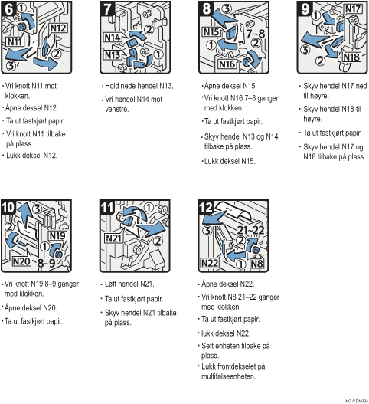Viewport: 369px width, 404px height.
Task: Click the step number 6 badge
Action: point(8,9)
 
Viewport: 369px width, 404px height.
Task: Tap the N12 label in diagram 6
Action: point(58,28)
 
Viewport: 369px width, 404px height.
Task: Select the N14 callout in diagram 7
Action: point(113,38)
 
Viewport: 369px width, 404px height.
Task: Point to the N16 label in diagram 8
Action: point(227,64)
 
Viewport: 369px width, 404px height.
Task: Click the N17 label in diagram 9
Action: point(353,9)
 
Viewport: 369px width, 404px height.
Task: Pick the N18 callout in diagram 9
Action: point(351,57)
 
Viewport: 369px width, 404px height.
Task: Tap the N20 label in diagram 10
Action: point(21,261)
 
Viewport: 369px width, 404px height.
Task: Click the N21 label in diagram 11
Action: point(113,238)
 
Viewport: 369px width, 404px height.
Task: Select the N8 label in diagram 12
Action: point(256,264)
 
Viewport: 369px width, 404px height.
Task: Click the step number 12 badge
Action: point(206,208)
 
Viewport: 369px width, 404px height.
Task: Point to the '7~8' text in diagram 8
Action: point(255,34)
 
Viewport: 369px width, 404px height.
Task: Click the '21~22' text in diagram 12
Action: point(250,230)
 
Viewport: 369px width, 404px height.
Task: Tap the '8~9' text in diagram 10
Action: point(47,263)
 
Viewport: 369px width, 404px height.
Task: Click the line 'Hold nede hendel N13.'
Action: point(139,86)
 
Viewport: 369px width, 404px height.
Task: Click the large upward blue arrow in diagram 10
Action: point(25,215)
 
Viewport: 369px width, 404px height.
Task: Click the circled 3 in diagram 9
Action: point(305,49)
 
